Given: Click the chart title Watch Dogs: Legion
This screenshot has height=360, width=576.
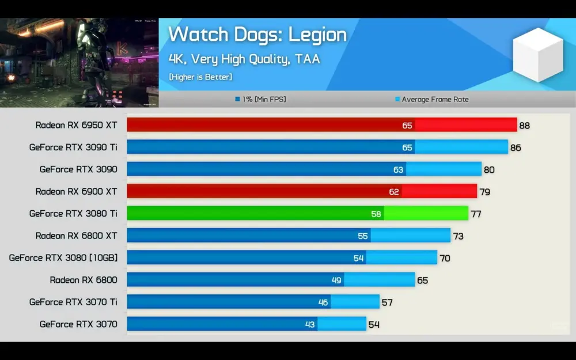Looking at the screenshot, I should [x=257, y=35].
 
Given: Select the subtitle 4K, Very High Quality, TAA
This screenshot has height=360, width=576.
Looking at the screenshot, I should [x=244, y=59].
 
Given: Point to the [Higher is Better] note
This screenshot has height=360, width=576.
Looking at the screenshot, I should [x=200, y=77].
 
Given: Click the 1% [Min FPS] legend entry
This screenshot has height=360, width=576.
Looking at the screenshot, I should [x=260, y=100].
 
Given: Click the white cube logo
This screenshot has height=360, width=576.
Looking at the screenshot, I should [x=537, y=54].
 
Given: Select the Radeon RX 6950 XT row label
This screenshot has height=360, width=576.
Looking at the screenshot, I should [x=76, y=125].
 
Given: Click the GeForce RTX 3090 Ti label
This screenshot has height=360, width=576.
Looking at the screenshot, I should [x=73, y=147].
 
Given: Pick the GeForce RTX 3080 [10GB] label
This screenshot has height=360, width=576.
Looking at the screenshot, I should [x=63, y=258].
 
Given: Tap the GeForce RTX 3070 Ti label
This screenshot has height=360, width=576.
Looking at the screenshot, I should [x=73, y=302].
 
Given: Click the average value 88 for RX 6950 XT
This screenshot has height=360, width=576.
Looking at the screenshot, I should [x=524, y=126].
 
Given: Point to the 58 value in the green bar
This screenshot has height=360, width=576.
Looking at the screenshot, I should [x=376, y=214].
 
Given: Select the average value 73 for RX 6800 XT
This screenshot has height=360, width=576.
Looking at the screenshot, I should [x=458, y=236].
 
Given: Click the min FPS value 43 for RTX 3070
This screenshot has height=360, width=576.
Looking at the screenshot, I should [x=310, y=324].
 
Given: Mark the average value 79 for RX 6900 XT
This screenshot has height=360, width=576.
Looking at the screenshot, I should [x=484, y=192].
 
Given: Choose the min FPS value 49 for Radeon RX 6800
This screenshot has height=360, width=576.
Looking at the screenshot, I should [x=336, y=281].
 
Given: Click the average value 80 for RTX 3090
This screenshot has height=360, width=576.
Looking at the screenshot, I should [x=489, y=170].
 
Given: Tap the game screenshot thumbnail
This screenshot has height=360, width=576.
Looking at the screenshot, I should [x=79, y=63].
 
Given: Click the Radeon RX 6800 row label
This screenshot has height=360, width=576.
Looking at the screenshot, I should [x=83, y=280].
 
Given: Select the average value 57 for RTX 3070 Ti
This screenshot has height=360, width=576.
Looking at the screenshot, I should [x=387, y=302].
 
